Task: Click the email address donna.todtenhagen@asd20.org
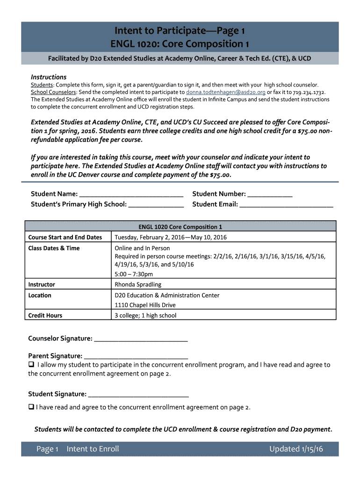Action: [x=226, y=92]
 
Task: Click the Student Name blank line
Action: [x=131, y=194]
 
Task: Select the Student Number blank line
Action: [x=270, y=194]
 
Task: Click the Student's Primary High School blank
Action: [x=156, y=204]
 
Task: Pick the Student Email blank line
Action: [x=286, y=204]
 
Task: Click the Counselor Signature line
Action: [x=141, y=339]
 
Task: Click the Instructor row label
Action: [x=42, y=284]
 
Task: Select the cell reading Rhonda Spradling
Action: [x=138, y=284]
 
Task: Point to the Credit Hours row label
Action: [x=45, y=315]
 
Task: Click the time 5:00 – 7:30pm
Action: [x=134, y=274]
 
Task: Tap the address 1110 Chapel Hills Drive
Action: [x=145, y=305]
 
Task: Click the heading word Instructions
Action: [x=49, y=77]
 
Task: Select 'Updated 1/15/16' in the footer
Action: [x=296, y=449]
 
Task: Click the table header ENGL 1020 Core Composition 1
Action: [x=180, y=227]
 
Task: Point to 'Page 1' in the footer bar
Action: [x=47, y=449]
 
